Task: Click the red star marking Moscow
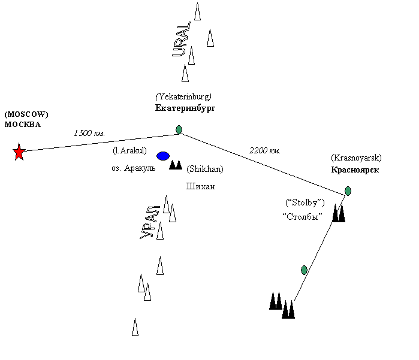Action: tap(19, 152)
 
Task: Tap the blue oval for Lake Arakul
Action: tap(163, 156)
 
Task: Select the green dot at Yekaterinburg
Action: tap(179, 129)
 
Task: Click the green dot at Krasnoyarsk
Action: tap(348, 191)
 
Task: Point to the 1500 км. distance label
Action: tap(90, 133)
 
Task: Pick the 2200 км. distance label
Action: tap(265, 150)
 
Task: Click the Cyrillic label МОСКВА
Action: tap(23, 125)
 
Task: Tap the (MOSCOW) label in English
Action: tap(26, 114)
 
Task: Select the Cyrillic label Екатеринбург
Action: tap(185, 108)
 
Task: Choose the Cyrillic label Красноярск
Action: tap(355, 170)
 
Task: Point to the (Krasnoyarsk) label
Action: tap(356, 158)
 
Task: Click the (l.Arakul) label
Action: tap(130, 150)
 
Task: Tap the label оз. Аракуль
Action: tap(133, 168)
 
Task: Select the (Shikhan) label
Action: tap(205, 169)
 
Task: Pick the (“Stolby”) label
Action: tap(305, 202)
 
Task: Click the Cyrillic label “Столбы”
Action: tap(302, 216)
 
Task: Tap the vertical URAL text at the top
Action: tap(181, 39)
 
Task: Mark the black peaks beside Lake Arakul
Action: tap(175, 164)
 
